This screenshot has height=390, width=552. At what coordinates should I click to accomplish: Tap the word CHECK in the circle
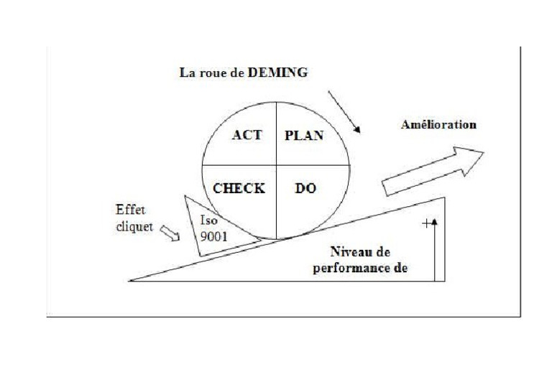click(x=239, y=189)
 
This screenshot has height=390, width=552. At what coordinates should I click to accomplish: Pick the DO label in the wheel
click(x=305, y=189)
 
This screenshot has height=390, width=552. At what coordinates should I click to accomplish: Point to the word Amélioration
click(x=438, y=124)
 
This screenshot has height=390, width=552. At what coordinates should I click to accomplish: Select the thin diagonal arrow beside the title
click(x=344, y=112)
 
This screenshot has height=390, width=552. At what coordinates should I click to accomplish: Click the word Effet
click(x=130, y=210)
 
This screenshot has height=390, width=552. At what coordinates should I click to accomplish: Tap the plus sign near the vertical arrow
click(x=427, y=223)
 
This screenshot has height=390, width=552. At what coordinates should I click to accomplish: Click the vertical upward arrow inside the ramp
click(x=434, y=248)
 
